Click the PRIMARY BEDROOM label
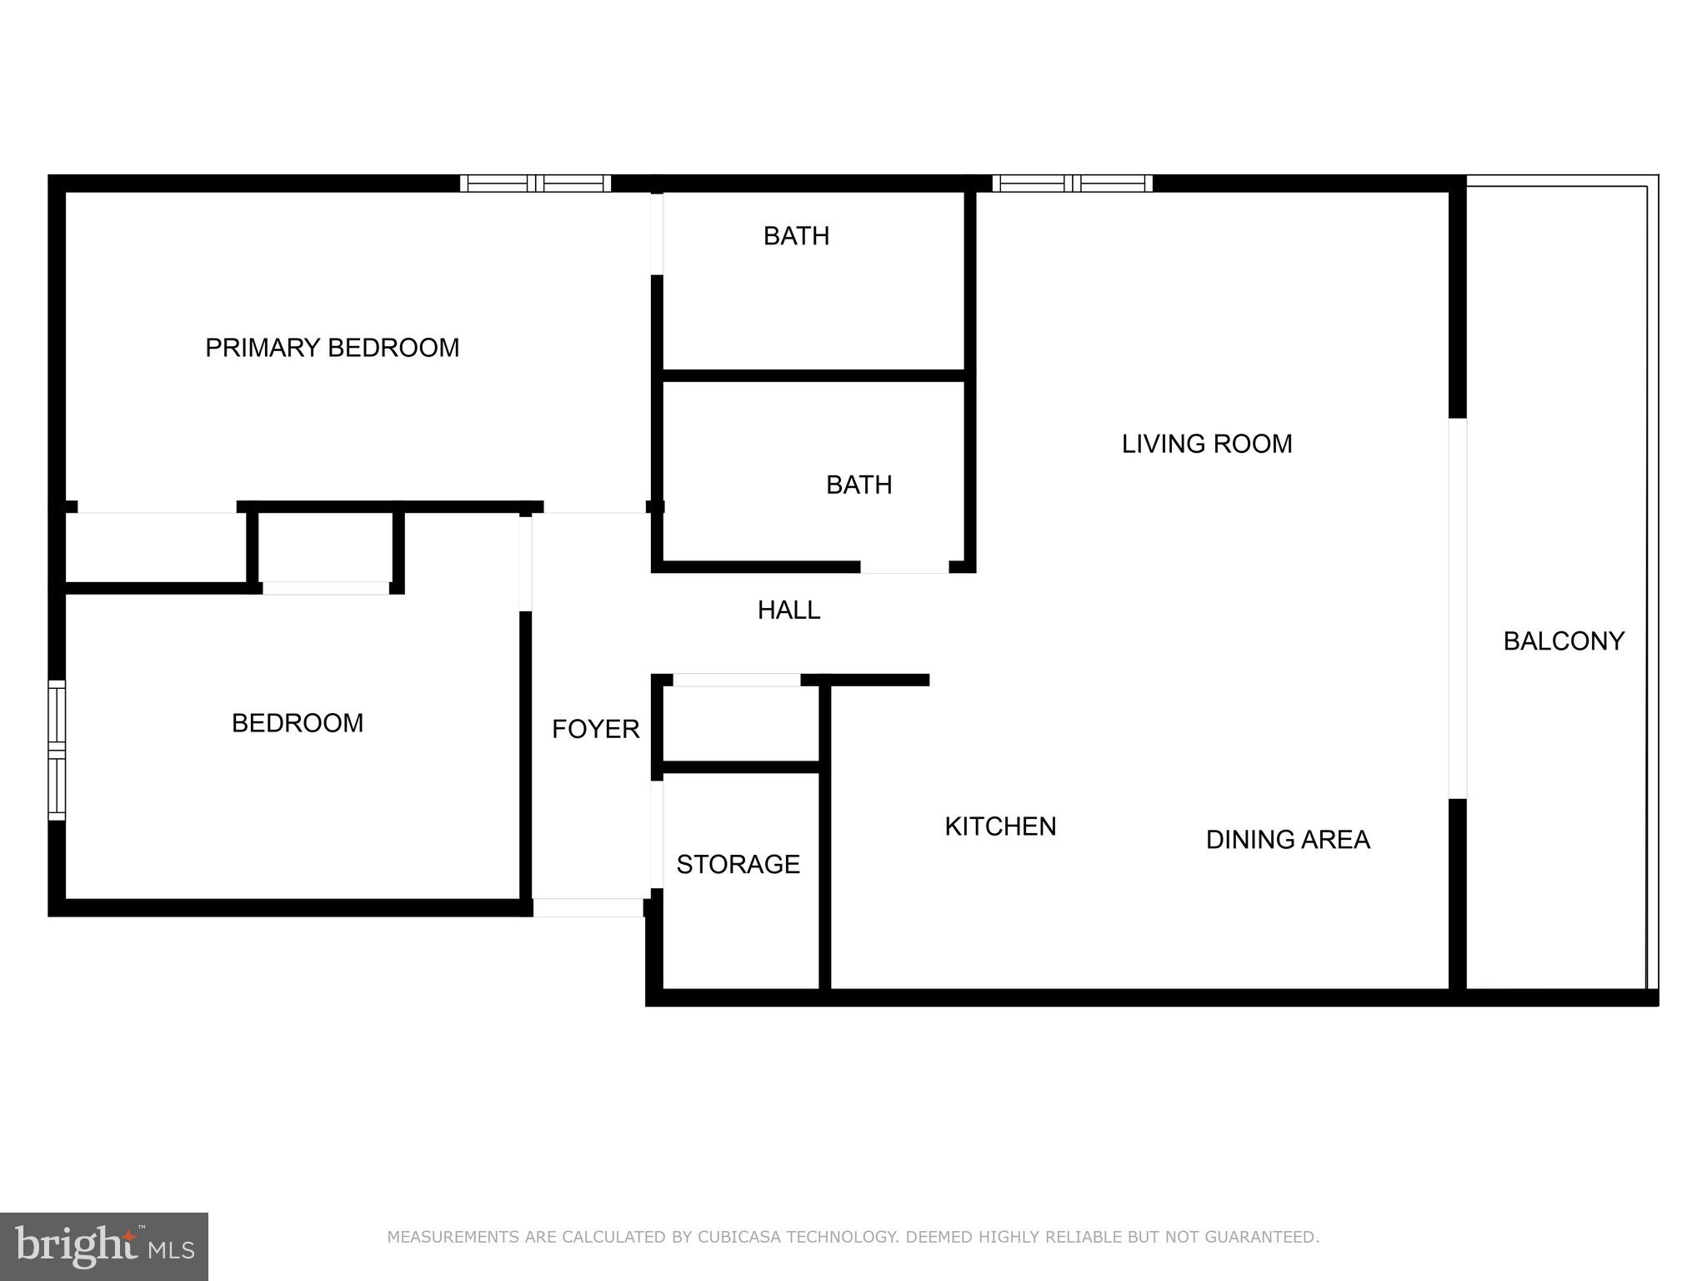pyautogui.click(x=332, y=348)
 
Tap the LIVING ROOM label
pyautogui.click(x=1206, y=444)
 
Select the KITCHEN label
pyautogui.click(x=1000, y=826)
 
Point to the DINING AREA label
pyautogui.click(x=1287, y=840)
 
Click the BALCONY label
pyautogui.click(x=1563, y=641)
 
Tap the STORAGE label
pyautogui.click(x=738, y=865)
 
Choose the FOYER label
pyautogui.click(x=595, y=730)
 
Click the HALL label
pyautogui.click(x=788, y=610)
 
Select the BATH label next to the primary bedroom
pyautogui.click(x=796, y=237)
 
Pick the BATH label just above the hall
pyautogui.click(x=859, y=485)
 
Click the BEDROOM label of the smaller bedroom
pyautogui.click(x=298, y=723)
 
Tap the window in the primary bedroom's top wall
pyautogui.click(x=535, y=183)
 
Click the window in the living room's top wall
pyautogui.click(x=1072, y=183)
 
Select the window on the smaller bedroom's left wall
pyautogui.click(x=57, y=750)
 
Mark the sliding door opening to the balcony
pyautogui.click(x=1457, y=608)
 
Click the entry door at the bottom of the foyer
pyautogui.click(x=588, y=907)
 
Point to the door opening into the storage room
pyautogui.click(x=657, y=834)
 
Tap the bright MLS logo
pyautogui.click(x=103, y=1247)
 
